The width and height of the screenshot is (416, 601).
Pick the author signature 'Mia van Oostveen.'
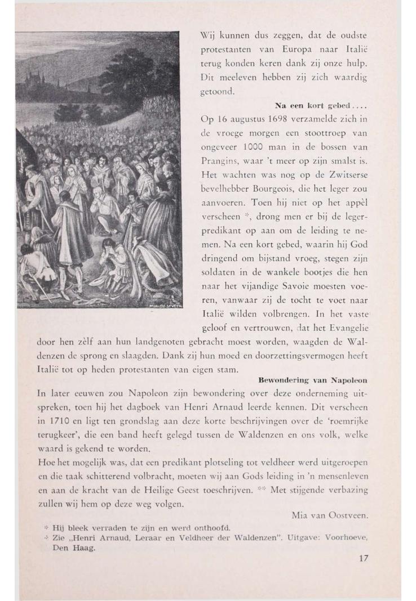[x=330, y=515]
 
